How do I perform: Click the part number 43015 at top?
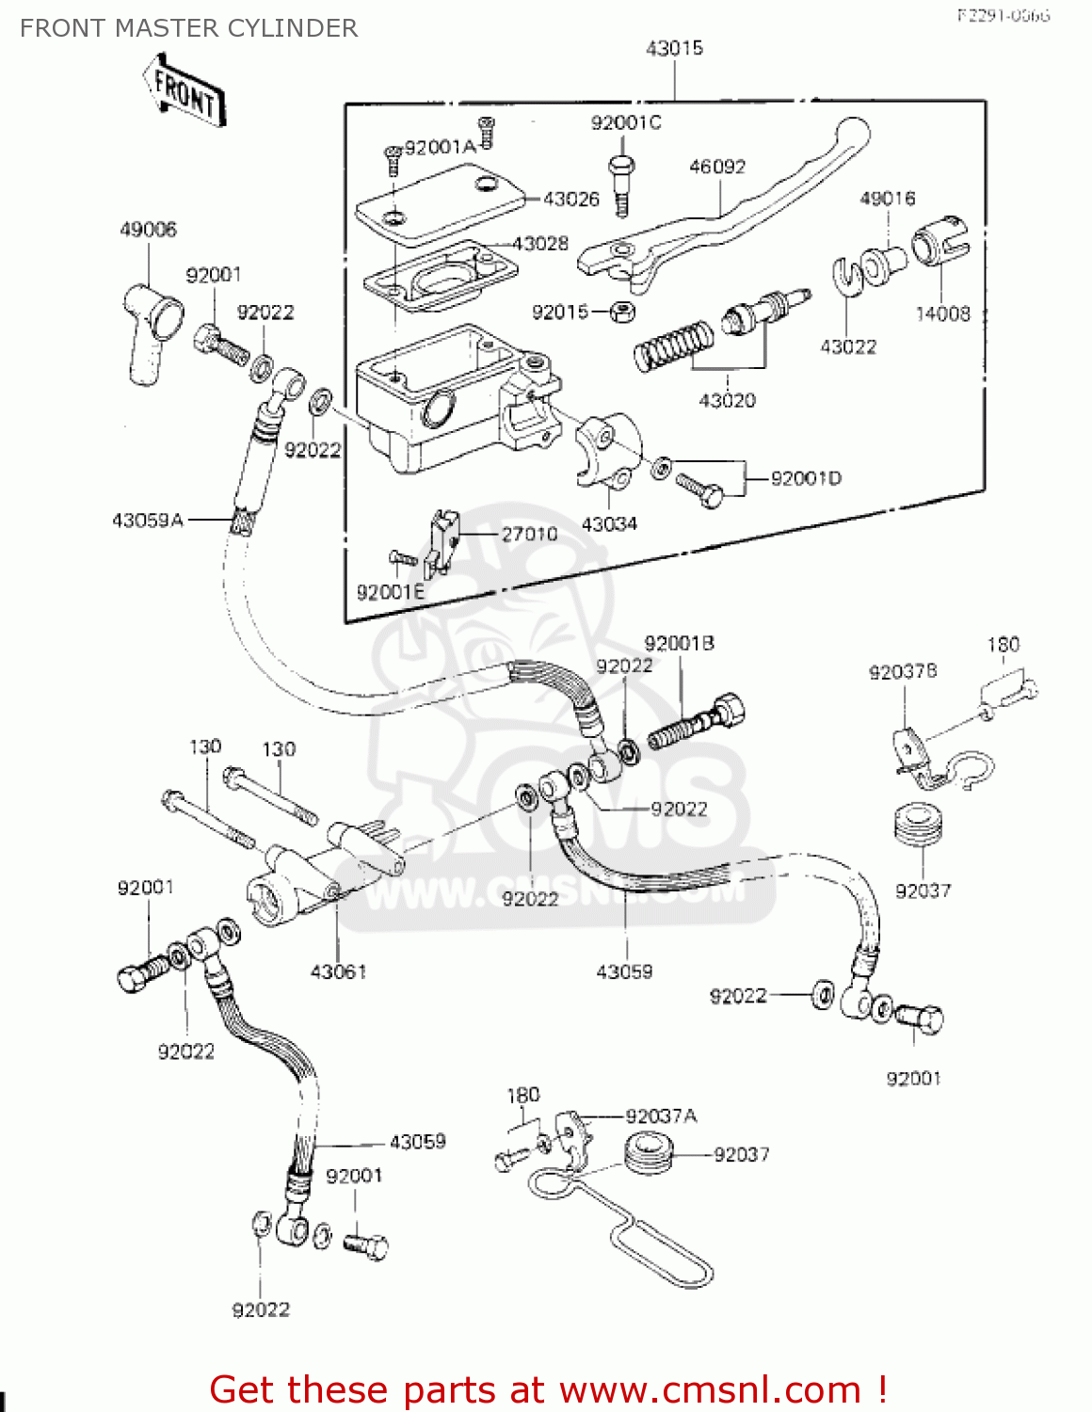[674, 48]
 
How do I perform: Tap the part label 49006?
[148, 230]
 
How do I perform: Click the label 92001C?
[626, 123]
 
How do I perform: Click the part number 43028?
[540, 244]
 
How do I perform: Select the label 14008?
[942, 314]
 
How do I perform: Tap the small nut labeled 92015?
[622, 312]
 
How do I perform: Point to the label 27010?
[529, 535]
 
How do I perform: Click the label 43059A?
[148, 520]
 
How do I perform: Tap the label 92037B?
[903, 672]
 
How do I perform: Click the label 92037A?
[661, 1116]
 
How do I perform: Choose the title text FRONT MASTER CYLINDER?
[188, 28]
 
